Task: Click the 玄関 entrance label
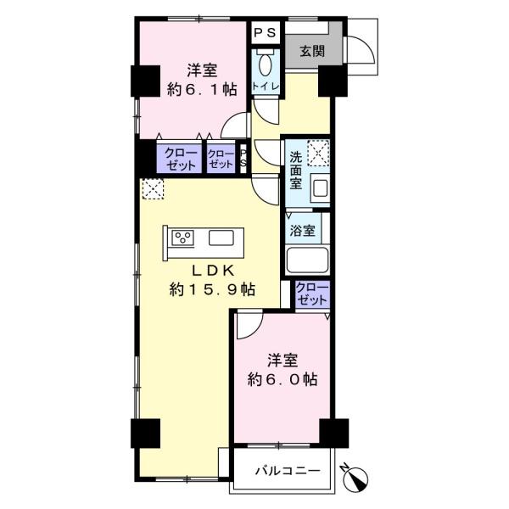pyautogui.click(x=312, y=51)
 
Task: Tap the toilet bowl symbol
pyautogui.click(x=266, y=64)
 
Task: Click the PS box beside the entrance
pyautogui.click(x=266, y=32)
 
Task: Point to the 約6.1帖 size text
pyautogui.click(x=202, y=89)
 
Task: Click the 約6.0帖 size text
pyautogui.click(x=282, y=379)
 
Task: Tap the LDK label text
pyautogui.click(x=213, y=271)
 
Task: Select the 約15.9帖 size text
pyautogui.click(x=212, y=289)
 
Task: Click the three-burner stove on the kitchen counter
pyautogui.click(x=182, y=238)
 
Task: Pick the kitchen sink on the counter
pyautogui.click(x=221, y=238)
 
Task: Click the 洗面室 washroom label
pyautogui.click(x=296, y=171)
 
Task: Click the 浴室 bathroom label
pyautogui.click(x=302, y=231)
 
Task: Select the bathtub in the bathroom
pyautogui.click(x=307, y=260)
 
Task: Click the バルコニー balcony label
pyautogui.click(x=288, y=470)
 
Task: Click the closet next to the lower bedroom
pyautogui.click(x=312, y=294)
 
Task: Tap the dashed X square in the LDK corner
pyautogui.click(x=153, y=188)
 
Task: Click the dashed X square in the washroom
pyautogui.click(x=318, y=153)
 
